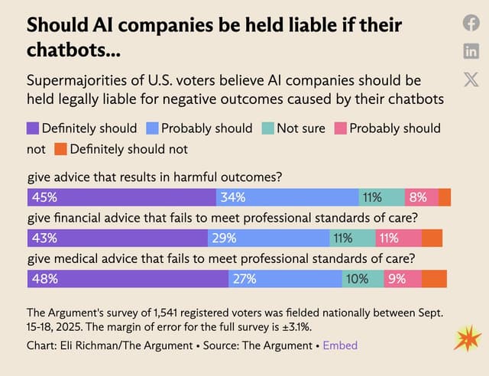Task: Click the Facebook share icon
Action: pos(471,23)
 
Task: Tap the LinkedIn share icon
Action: pos(471,51)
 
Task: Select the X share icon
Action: pos(471,79)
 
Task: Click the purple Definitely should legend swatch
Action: pos(33,128)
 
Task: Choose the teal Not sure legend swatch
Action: pos(268,128)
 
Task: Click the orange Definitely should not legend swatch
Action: pos(61,149)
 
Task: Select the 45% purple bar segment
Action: pos(121,197)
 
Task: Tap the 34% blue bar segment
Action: pos(287,197)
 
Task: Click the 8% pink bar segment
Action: pos(421,197)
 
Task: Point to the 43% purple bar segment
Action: pos(118,238)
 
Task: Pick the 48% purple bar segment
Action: pos(128,279)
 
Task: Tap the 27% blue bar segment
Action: pos(284,279)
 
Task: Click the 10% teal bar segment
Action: pos(362,279)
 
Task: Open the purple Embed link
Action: pos(340,345)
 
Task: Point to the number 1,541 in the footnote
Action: pos(155,313)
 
